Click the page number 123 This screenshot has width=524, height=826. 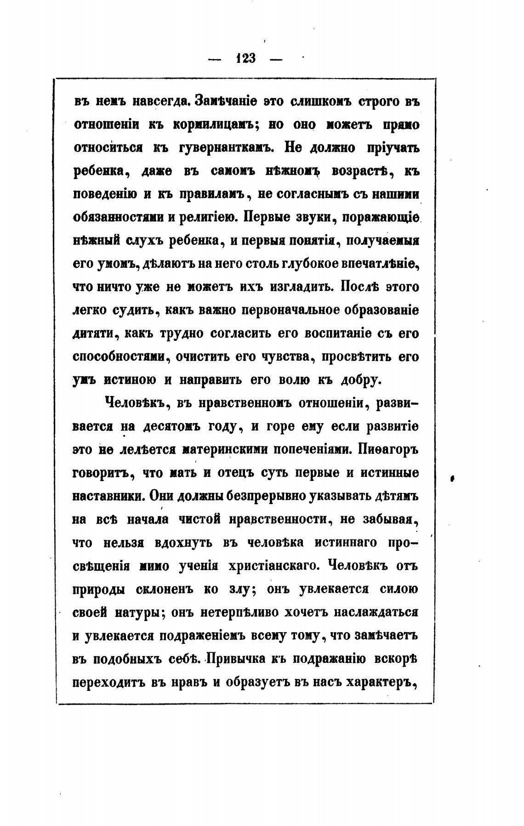(x=246, y=59)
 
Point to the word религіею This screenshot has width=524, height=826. (x=206, y=217)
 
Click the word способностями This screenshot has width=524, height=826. (x=119, y=357)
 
